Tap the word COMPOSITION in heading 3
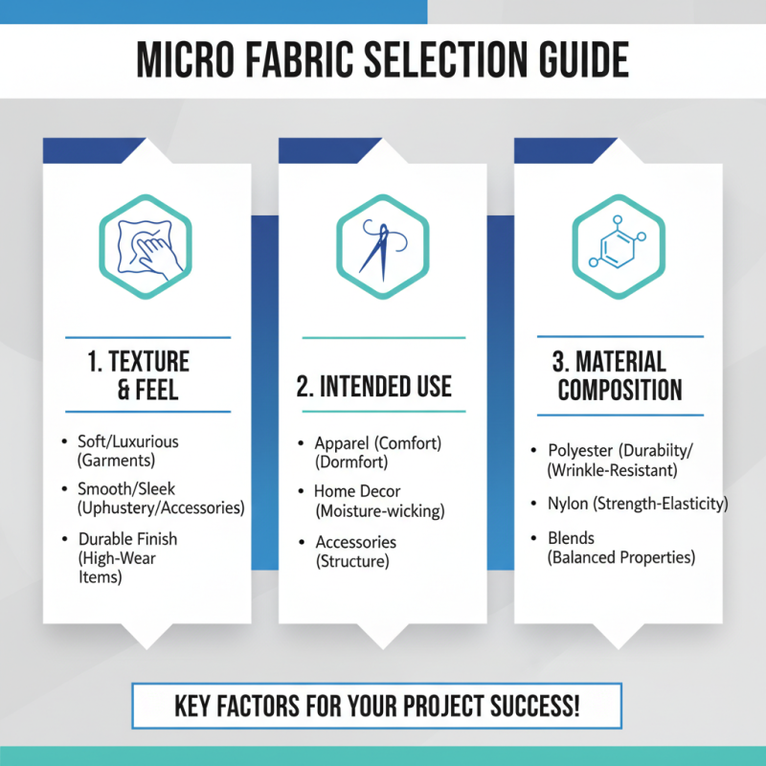(620, 391)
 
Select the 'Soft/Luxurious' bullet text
(128, 441)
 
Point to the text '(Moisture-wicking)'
(380, 511)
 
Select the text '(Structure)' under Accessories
(352, 561)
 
